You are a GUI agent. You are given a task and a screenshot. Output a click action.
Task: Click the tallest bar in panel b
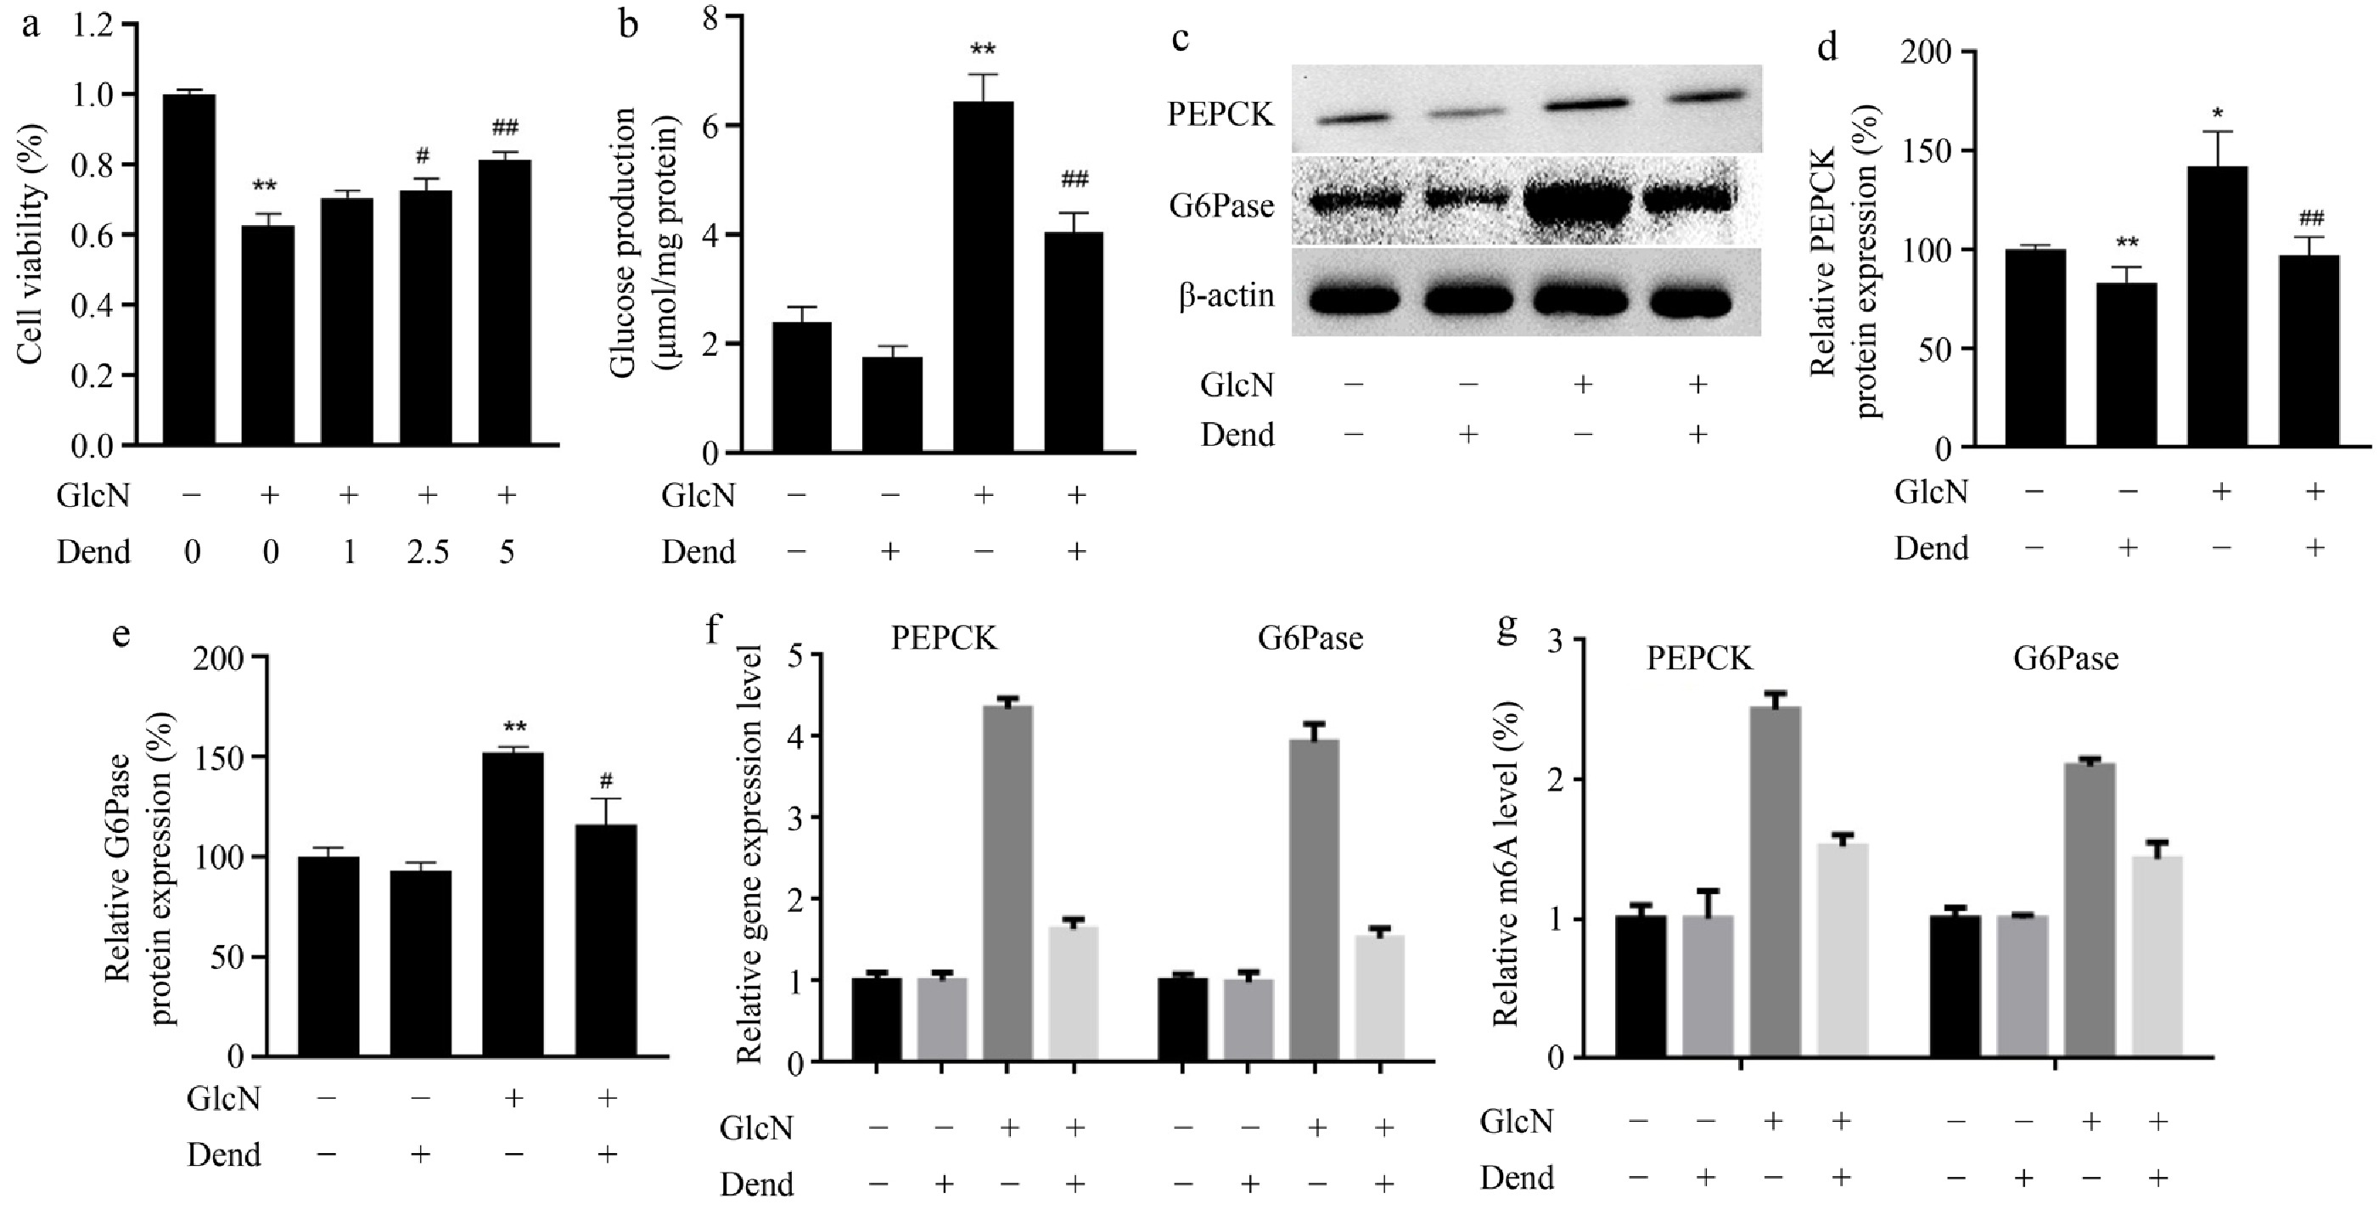pyautogui.click(x=983, y=277)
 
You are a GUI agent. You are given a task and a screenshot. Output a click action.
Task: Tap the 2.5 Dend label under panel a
pyautogui.click(x=428, y=552)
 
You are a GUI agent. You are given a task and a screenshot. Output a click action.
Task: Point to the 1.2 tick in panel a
pyautogui.click(x=93, y=24)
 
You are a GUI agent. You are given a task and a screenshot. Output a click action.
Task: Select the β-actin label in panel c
pyautogui.click(x=1226, y=295)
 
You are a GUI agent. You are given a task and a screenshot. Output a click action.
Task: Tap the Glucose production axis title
pyautogui.click(x=641, y=242)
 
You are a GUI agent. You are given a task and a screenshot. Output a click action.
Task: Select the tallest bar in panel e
pyautogui.click(x=513, y=905)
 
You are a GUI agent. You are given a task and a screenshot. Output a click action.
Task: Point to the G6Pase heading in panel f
pyautogui.click(x=1310, y=639)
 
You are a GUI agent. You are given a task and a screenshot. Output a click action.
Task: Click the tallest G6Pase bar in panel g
pyautogui.click(x=2089, y=909)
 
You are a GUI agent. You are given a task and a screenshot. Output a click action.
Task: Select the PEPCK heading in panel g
pyautogui.click(x=1699, y=658)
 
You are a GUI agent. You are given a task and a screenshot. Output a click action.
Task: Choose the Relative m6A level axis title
pyautogui.click(x=1507, y=864)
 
